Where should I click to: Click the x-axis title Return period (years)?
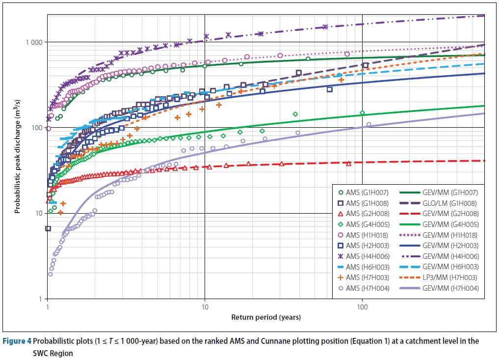266,317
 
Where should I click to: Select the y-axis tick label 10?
38,214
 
